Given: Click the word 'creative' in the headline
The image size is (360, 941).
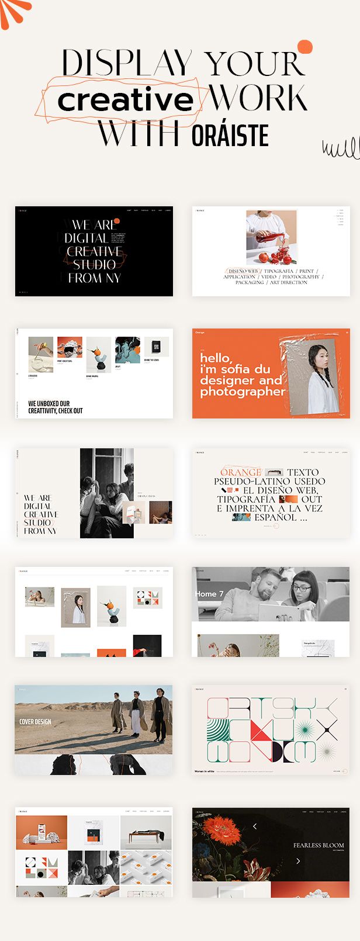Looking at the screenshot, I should pyautogui.click(x=125, y=100).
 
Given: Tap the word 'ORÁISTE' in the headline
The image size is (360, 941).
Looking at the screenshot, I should pyautogui.click(x=230, y=136).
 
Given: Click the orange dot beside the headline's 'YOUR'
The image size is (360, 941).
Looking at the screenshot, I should pyautogui.click(x=304, y=47).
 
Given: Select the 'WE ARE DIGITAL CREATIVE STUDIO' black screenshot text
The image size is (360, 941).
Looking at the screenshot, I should pyautogui.click(x=94, y=251).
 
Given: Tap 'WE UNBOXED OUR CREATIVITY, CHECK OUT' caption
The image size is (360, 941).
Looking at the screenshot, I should pyautogui.click(x=56, y=407).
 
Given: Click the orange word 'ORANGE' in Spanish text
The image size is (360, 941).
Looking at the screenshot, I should pyautogui.click(x=240, y=472).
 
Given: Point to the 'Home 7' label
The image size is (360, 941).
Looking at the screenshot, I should pyautogui.click(x=209, y=594).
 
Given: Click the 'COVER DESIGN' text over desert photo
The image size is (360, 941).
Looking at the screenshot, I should pyautogui.click(x=35, y=722).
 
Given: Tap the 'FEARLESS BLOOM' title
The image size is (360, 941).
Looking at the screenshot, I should pyautogui.click(x=319, y=845).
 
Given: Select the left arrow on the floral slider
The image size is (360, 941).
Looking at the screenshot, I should pyautogui.click(x=255, y=826).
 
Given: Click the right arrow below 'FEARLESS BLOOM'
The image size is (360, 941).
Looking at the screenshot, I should pyautogui.click(x=298, y=861).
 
